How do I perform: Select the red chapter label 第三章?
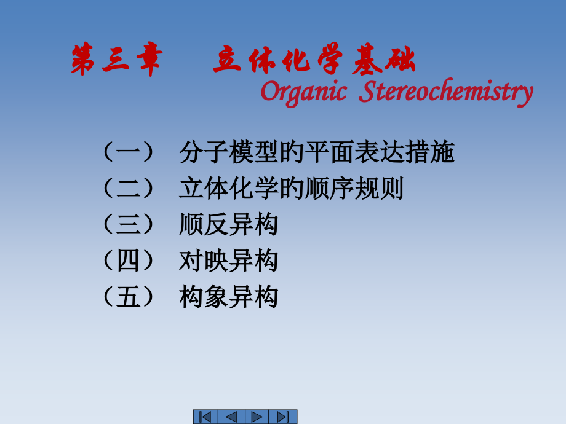pos(116,62)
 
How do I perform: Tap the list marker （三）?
pos(127,226)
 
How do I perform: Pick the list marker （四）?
pos(127,262)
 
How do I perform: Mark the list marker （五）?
pos(127,297)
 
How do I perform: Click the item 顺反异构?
pos(229,226)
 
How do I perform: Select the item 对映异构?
pos(229,262)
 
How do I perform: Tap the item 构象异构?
pos(229,297)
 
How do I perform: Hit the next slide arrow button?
pos(258,417)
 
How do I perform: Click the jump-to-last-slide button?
pos(284,417)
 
